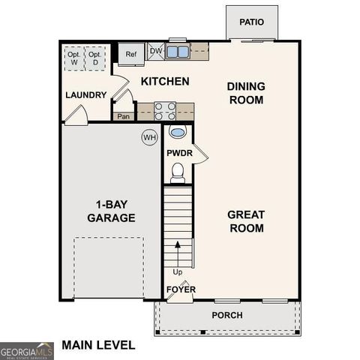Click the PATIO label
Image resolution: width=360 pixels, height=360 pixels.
[252, 22]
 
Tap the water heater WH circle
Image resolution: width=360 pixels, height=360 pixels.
[149, 137]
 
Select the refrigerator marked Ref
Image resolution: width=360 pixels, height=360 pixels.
[131, 54]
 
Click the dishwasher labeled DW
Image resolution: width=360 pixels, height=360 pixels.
[156, 52]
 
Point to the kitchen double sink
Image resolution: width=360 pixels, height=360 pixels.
[178, 52]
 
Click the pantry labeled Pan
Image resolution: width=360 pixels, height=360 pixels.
[123, 116]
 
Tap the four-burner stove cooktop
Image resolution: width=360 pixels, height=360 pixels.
[165, 112]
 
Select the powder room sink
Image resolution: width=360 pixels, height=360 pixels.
[178, 133]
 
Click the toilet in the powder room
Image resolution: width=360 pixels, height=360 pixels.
[178, 174]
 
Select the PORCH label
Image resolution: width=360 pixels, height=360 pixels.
[226, 316]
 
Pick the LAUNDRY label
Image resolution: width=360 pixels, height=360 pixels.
[85, 95]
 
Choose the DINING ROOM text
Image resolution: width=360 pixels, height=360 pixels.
[246, 93]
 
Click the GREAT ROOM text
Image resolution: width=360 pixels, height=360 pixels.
[246, 221]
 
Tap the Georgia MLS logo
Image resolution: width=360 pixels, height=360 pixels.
[27, 350]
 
